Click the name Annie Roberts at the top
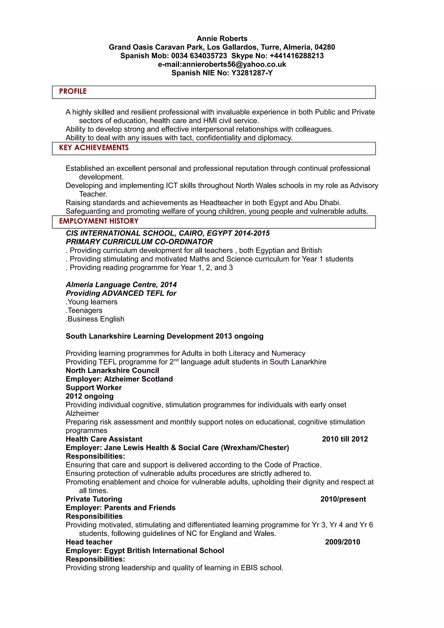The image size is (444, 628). (222, 39)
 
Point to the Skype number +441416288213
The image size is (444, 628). (297, 56)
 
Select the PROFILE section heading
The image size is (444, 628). (73, 91)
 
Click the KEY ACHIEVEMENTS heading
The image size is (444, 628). (94, 148)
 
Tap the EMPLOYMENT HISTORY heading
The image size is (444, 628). (99, 221)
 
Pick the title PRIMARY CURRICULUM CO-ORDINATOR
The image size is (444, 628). (139, 242)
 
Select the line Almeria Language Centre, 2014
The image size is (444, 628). (121, 285)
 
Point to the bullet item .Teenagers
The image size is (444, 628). (84, 311)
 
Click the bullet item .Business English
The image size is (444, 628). (95, 319)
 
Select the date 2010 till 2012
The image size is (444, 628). (345, 439)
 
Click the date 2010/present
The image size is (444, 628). (343, 499)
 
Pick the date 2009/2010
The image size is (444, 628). (343, 542)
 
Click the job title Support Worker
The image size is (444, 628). (94, 388)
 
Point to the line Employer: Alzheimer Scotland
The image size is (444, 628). (119, 379)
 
